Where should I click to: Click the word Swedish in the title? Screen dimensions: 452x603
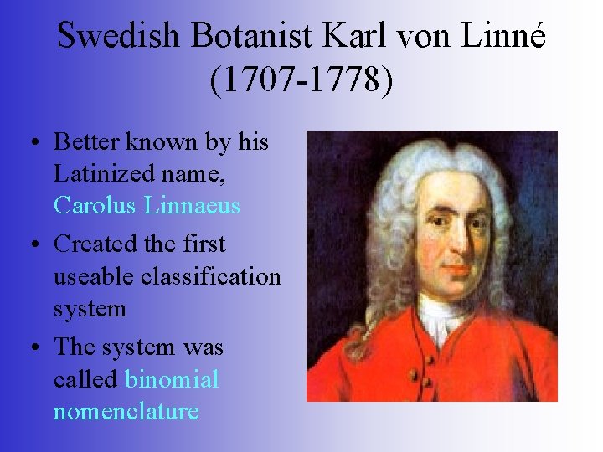(118, 35)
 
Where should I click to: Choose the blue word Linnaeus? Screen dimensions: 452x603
(193, 205)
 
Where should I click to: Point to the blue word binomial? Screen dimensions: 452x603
(172, 379)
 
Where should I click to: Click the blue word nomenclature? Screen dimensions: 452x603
(126, 411)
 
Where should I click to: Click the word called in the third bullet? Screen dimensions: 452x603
(85, 379)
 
